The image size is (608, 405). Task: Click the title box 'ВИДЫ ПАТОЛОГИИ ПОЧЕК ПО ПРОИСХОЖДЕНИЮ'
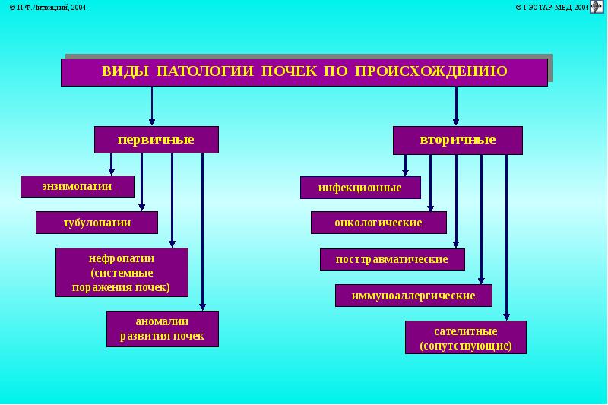tap(305, 72)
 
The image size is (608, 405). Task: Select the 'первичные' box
tap(157, 140)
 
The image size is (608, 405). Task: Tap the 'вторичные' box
tap(458, 141)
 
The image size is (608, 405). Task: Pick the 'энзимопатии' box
tap(78, 186)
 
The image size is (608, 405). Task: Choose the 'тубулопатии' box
tap(97, 223)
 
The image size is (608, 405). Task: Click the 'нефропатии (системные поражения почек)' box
tap(122, 273)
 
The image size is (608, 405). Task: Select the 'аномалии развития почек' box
tap(163, 329)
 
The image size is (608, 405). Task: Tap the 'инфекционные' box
tap(360, 188)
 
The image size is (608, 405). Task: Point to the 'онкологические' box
tap(378, 223)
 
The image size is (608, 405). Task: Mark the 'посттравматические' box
tap(392, 259)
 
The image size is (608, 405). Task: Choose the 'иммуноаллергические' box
tap(413, 296)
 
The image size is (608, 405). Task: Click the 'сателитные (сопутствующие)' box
tap(466, 337)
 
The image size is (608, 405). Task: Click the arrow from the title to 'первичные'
tap(152, 106)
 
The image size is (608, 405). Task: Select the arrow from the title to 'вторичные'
tap(456, 106)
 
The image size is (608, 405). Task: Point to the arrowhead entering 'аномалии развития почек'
tap(202, 307)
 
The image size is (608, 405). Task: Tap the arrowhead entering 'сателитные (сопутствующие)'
tap(506, 317)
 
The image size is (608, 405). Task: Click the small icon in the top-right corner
tap(597, 7)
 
